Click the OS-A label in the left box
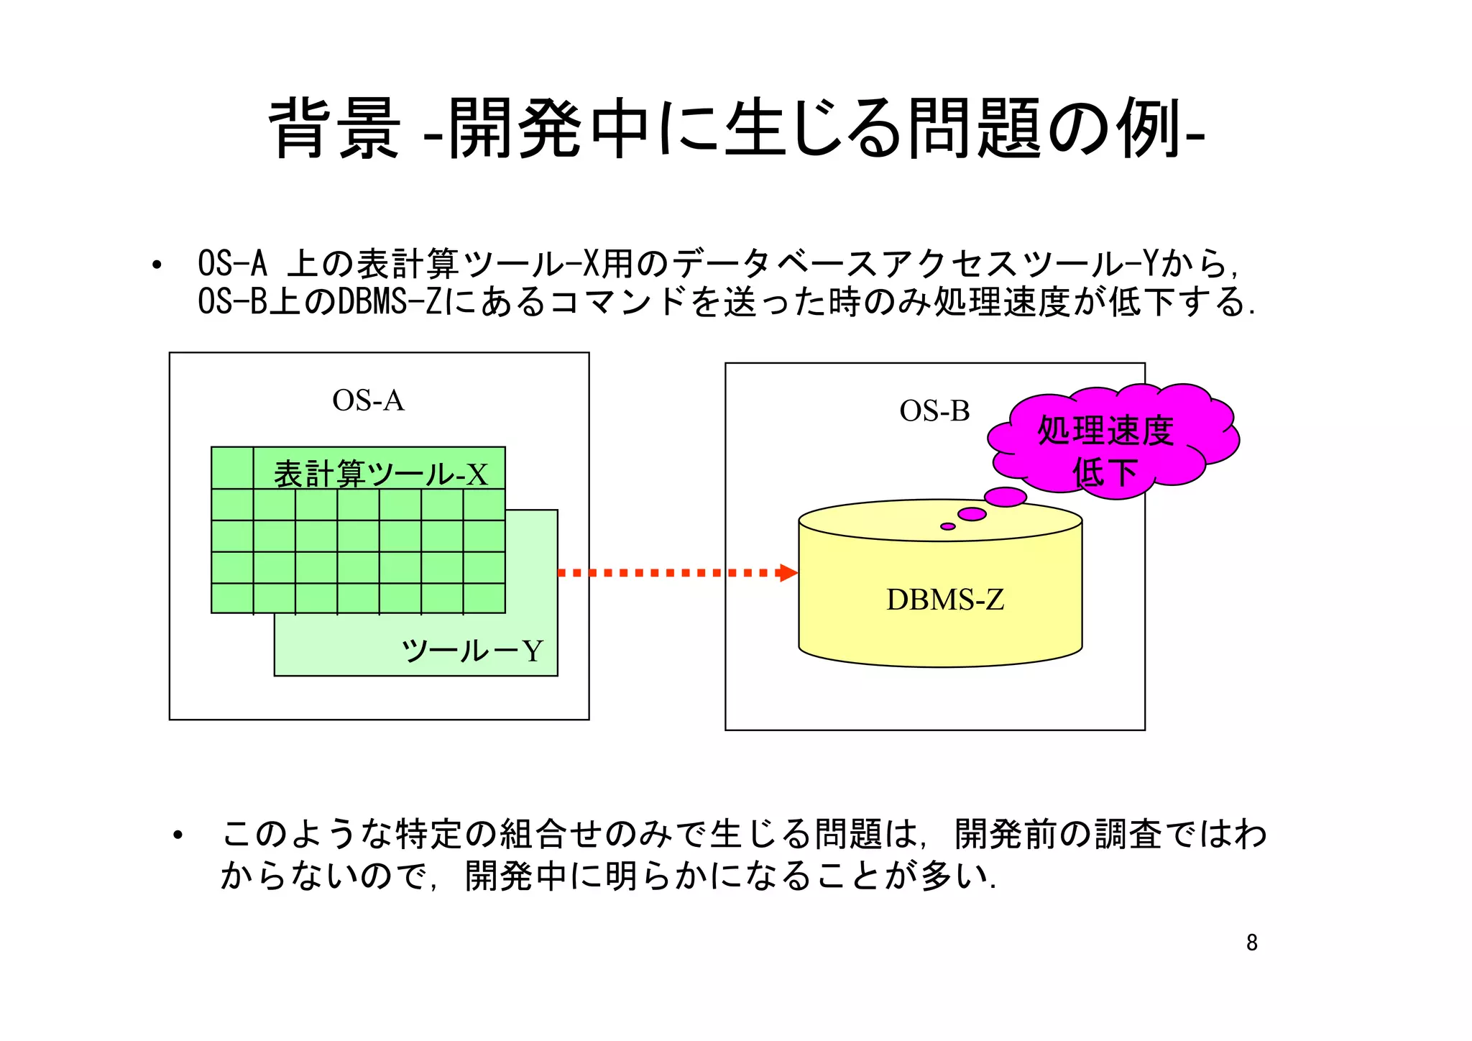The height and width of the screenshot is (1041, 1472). pyautogui.click(x=368, y=400)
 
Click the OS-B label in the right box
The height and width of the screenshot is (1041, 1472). pyautogui.click(x=934, y=411)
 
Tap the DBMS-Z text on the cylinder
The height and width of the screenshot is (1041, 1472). pyautogui.click(x=944, y=600)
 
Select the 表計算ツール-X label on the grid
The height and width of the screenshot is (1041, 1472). pyautogui.click(x=380, y=474)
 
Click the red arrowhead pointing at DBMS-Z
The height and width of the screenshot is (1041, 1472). pyautogui.click(x=788, y=573)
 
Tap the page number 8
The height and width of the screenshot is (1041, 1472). pyautogui.click(x=1251, y=943)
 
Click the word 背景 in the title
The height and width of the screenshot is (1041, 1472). pyautogui.click(x=334, y=129)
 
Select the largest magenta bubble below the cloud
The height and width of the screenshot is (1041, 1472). pyautogui.click(x=1005, y=497)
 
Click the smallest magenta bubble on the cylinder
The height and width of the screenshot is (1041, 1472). pyautogui.click(x=948, y=526)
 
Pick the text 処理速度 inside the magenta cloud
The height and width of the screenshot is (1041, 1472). pyautogui.click(x=1105, y=431)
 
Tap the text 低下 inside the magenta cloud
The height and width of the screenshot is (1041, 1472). pyautogui.click(x=1105, y=472)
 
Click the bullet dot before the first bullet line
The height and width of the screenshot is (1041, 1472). pyautogui.click(x=157, y=265)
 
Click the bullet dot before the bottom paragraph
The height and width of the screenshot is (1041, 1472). pyautogui.click(x=178, y=835)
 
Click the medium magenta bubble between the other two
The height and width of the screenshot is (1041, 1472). pyautogui.click(x=972, y=514)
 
